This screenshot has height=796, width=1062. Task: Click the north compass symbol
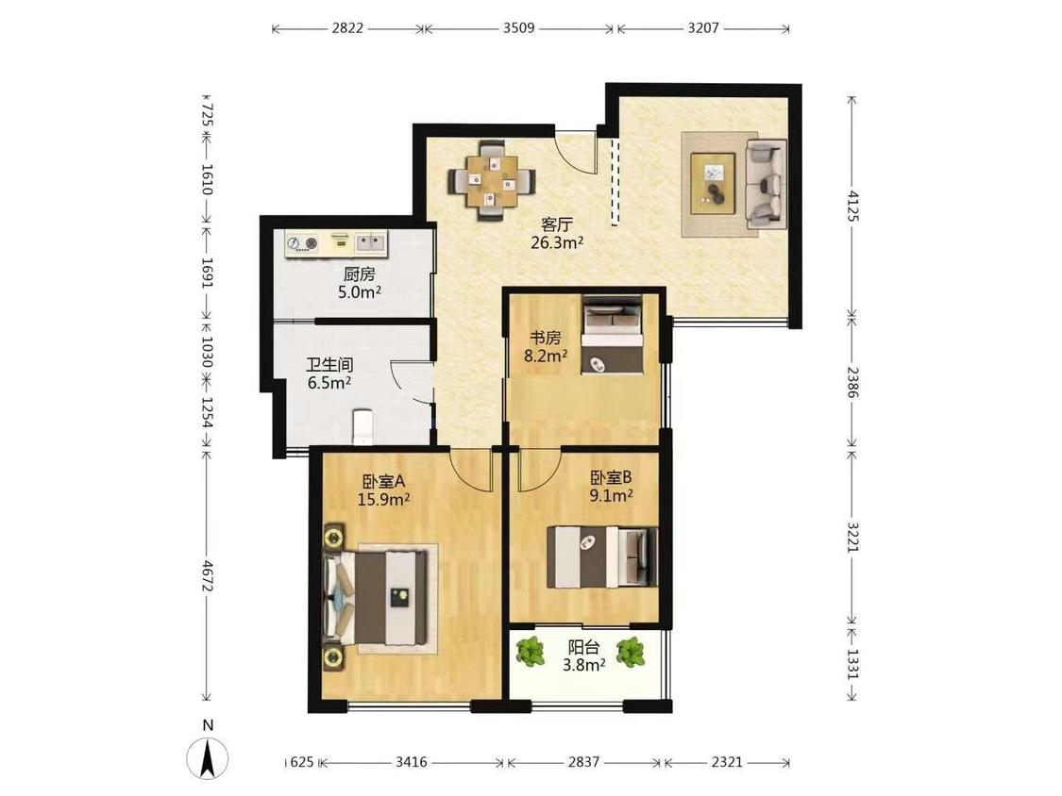[x=208, y=752]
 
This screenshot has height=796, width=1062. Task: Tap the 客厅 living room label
[x=557, y=224]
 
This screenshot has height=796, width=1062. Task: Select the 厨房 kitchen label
[x=359, y=274]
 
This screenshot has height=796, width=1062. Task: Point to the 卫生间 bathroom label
[x=329, y=366]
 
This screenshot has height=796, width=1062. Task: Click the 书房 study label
[x=546, y=337]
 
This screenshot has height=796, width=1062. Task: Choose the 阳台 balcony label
[x=583, y=648]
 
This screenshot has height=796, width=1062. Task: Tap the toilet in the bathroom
[x=363, y=426]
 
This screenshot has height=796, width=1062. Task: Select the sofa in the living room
[x=766, y=183]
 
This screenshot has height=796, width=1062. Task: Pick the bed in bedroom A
[x=377, y=598]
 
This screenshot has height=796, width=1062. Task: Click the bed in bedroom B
[x=602, y=557]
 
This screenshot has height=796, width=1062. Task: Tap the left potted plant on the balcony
[x=531, y=651]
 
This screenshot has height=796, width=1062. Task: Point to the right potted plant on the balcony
[x=631, y=652]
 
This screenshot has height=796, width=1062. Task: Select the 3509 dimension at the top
[x=519, y=28]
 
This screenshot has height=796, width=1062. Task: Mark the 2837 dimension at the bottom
[x=583, y=762]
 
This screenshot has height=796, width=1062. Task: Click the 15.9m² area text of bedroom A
[x=383, y=500]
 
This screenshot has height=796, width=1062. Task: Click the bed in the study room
[x=612, y=335]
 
